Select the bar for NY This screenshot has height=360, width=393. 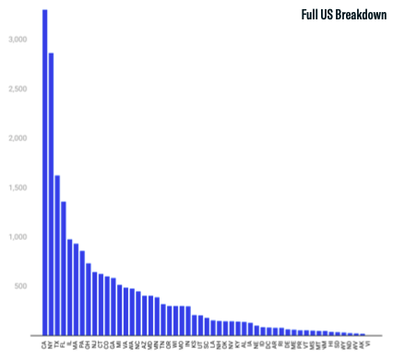click(x=52, y=194)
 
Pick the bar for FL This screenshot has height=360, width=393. click(x=64, y=268)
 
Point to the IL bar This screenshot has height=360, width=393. click(x=70, y=287)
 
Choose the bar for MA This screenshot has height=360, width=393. click(x=76, y=289)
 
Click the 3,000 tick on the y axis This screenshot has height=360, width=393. click(x=18, y=40)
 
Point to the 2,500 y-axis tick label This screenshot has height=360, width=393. click(x=18, y=90)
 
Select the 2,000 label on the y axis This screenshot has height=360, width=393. click(x=18, y=138)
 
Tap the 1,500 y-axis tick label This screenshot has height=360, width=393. click(x=18, y=187)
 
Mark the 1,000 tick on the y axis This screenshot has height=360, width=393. click(x=18, y=237)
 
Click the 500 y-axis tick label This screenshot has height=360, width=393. click(x=21, y=286)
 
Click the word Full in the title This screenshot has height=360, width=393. click(x=310, y=15)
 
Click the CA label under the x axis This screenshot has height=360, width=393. click(x=45, y=343)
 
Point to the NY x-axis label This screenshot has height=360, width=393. click(x=52, y=343)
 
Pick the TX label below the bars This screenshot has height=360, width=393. click(x=57, y=343)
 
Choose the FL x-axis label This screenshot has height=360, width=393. click(x=64, y=343)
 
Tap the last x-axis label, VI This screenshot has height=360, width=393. click(x=368, y=343)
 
